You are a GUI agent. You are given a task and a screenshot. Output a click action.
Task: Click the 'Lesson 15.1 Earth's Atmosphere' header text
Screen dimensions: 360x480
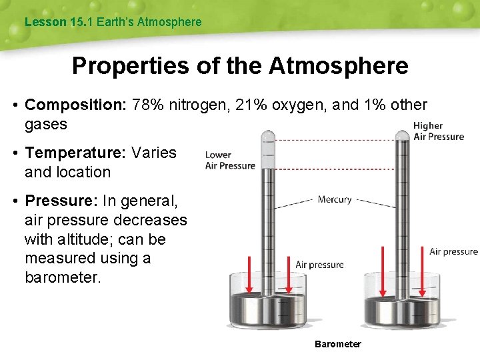click(113, 22)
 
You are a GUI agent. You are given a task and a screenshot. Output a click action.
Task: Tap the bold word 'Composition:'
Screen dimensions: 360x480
click(76, 105)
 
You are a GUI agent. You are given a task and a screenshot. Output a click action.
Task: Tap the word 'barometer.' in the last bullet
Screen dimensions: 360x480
click(63, 277)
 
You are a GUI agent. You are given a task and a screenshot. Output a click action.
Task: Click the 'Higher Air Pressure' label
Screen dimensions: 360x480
click(438, 131)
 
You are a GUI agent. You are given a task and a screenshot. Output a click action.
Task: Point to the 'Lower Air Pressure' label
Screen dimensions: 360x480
click(229, 161)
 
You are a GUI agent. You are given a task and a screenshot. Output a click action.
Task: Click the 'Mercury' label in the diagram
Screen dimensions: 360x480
click(335, 199)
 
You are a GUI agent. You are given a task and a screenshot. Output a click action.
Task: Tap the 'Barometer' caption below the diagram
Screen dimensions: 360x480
click(338, 344)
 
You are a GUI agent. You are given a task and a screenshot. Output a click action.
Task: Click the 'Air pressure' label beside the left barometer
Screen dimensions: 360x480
click(319, 265)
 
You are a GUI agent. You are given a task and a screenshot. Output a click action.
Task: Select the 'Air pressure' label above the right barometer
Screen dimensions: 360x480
click(453, 251)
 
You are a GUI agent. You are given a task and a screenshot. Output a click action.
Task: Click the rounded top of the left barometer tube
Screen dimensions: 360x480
click(269, 137)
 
